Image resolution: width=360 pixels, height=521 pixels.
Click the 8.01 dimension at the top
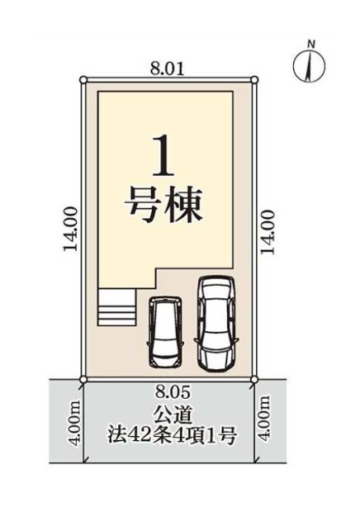tap(168, 70)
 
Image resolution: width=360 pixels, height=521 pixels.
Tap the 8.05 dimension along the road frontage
tap(173, 393)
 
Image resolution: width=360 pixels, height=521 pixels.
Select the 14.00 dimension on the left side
tap(71, 230)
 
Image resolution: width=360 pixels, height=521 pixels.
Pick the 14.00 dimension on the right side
tap(268, 232)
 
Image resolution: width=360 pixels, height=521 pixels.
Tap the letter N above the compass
tap(311, 44)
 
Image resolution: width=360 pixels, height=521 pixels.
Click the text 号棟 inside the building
tap(163, 206)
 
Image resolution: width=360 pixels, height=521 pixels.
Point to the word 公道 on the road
tap(173, 415)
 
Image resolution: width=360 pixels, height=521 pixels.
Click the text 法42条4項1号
tap(172, 436)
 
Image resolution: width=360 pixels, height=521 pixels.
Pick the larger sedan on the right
tap(216, 324)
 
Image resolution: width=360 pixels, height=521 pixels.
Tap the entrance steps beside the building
tap(116, 306)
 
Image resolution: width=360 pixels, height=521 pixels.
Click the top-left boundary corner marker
tap(83, 80)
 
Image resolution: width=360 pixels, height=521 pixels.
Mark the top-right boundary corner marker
tap(254, 80)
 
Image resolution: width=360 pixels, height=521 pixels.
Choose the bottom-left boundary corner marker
tap(83, 379)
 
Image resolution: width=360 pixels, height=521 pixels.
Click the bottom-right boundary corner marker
tap(254, 379)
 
